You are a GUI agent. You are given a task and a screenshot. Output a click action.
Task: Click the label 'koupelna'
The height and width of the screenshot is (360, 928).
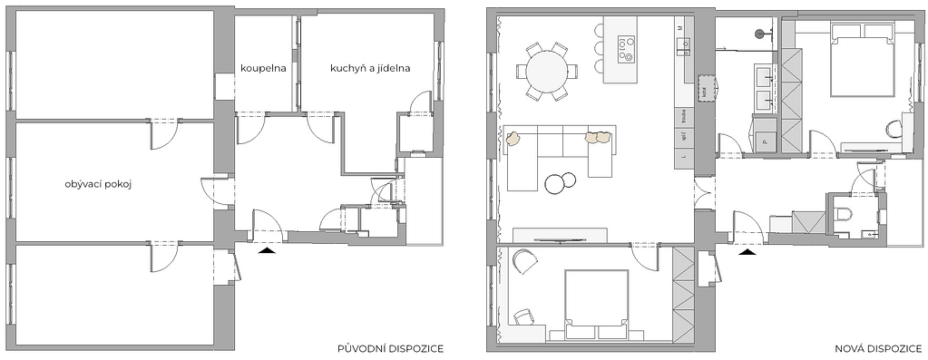264,68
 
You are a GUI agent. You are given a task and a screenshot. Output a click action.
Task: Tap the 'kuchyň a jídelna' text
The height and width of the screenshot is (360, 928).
371,68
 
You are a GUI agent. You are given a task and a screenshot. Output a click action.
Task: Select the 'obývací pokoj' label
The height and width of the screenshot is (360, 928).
99,185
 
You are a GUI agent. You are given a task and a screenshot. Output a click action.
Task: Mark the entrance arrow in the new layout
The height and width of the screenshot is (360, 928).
747,253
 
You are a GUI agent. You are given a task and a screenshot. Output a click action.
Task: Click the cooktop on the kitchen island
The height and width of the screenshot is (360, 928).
626,48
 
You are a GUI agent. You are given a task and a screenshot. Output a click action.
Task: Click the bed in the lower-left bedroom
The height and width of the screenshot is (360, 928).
596,301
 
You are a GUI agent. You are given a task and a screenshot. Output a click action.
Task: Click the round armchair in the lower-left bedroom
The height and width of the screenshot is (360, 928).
525,263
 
